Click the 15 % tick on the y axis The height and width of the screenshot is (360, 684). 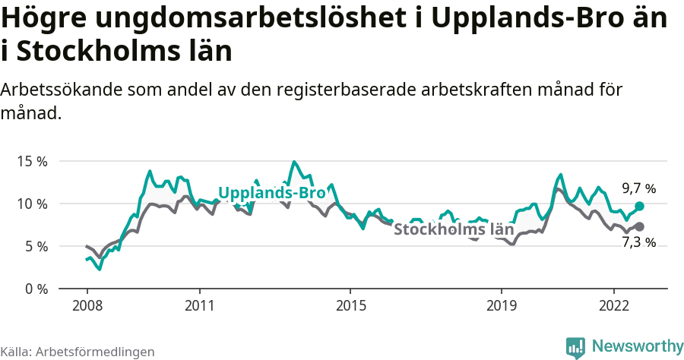(32, 161)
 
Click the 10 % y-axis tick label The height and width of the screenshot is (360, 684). (32, 204)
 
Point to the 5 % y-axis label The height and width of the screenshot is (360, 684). (35, 246)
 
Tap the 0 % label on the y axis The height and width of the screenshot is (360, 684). (35, 289)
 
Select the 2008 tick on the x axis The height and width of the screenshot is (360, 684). (87, 305)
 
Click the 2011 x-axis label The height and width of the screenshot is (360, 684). (199, 305)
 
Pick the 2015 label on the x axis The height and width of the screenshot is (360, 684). (350, 305)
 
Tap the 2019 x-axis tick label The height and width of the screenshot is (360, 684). (501, 305)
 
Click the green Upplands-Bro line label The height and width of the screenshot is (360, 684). (272, 193)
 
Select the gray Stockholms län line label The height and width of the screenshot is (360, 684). (454, 229)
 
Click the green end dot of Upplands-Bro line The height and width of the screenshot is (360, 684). (639, 206)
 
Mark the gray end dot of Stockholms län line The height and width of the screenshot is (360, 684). (639, 226)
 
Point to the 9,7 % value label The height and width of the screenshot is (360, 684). (638, 188)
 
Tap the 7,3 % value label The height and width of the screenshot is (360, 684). (638, 243)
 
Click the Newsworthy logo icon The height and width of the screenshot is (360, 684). (575, 347)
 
